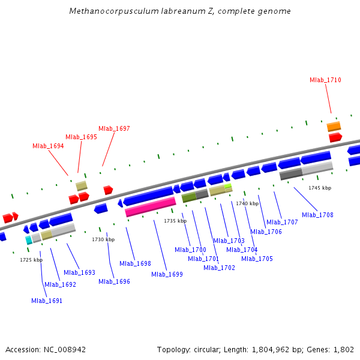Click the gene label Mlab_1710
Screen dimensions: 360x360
[325, 80]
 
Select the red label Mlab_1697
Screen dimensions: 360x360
[114, 128]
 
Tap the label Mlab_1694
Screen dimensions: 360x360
[48, 146]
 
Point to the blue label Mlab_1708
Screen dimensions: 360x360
[317, 215]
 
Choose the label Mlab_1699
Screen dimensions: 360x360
[167, 274]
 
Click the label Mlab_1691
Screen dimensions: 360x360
[47, 301]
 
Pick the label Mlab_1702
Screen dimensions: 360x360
[219, 268]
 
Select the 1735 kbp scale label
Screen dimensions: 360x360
[175, 221]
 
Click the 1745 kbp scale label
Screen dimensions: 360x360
[320, 188]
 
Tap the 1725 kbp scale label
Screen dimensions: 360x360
[31, 260]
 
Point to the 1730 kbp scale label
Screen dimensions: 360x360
[103, 239]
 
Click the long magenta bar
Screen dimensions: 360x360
[150, 207]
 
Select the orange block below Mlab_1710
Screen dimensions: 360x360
[334, 127]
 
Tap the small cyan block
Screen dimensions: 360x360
[28, 240]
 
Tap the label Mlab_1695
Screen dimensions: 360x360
[81, 137]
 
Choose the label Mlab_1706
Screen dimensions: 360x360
[266, 232]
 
